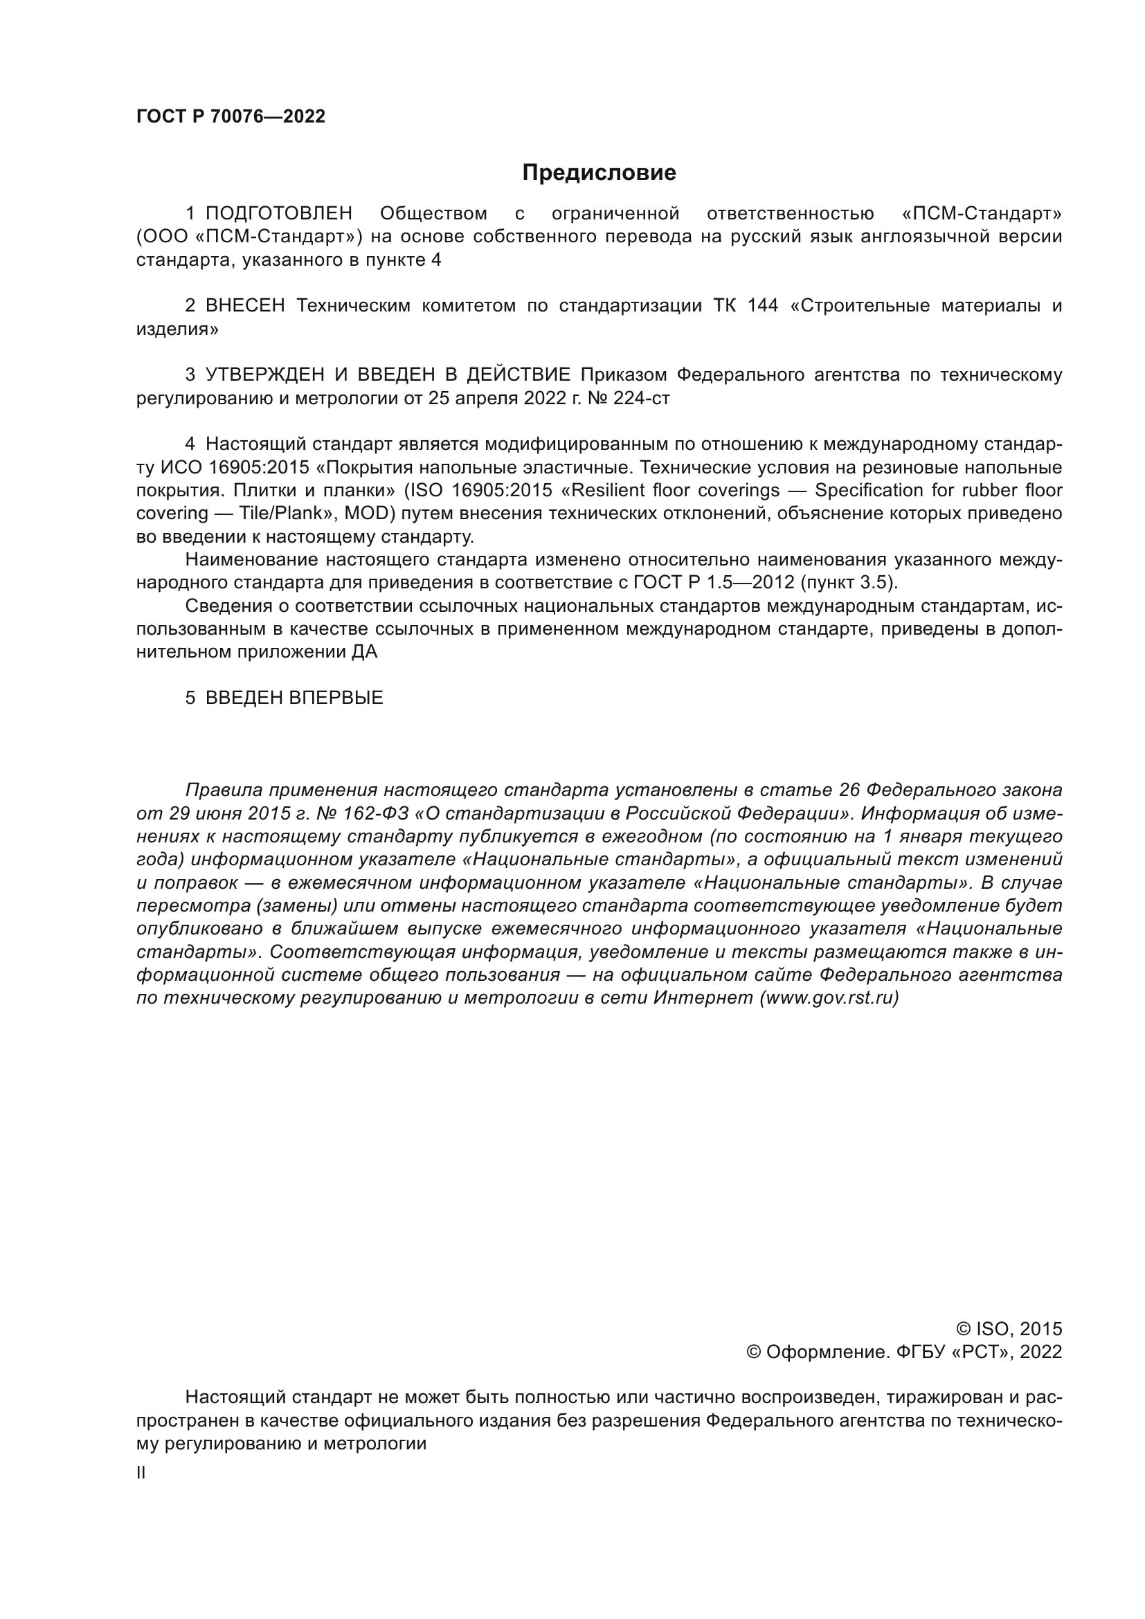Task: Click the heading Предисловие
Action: pyautogui.click(x=599, y=173)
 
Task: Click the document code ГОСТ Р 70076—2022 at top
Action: pyautogui.click(x=231, y=117)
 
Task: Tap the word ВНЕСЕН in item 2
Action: pyautogui.click(x=244, y=306)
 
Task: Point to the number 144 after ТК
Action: pyautogui.click(x=761, y=306)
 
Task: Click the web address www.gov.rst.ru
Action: pyautogui.click(x=829, y=999)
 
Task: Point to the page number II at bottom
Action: pyautogui.click(x=141, y=1473)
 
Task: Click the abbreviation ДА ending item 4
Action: pyautogui.click(x=364, y=651)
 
